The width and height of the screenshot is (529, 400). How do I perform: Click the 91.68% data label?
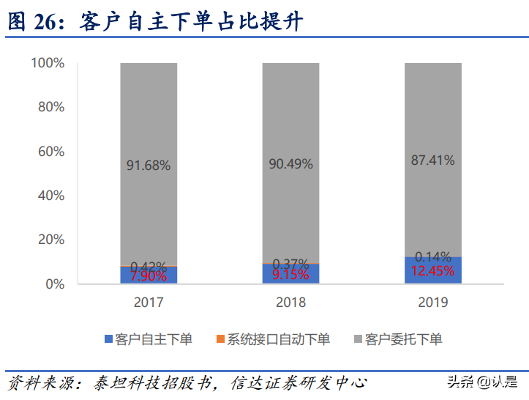(x=149, y=166)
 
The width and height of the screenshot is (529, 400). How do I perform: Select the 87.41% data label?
(x=433, y=160)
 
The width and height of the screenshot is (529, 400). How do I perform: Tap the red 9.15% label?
(x=291, y=275)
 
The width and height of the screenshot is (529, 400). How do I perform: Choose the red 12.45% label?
(x=433, y=271)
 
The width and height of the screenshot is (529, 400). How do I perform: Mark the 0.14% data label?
(x=433, y=256)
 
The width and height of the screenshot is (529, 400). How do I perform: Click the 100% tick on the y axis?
(x=48, y=63)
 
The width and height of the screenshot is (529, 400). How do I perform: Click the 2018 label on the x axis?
(x=291, y=302)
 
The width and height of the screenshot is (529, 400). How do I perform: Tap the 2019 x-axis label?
(x=433, y=302)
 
